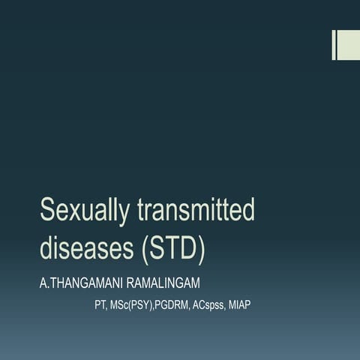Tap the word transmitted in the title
coord(196,211)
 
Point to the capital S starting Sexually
coord(48,211)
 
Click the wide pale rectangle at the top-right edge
coord(349,45)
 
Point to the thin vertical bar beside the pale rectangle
coord(334,45)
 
